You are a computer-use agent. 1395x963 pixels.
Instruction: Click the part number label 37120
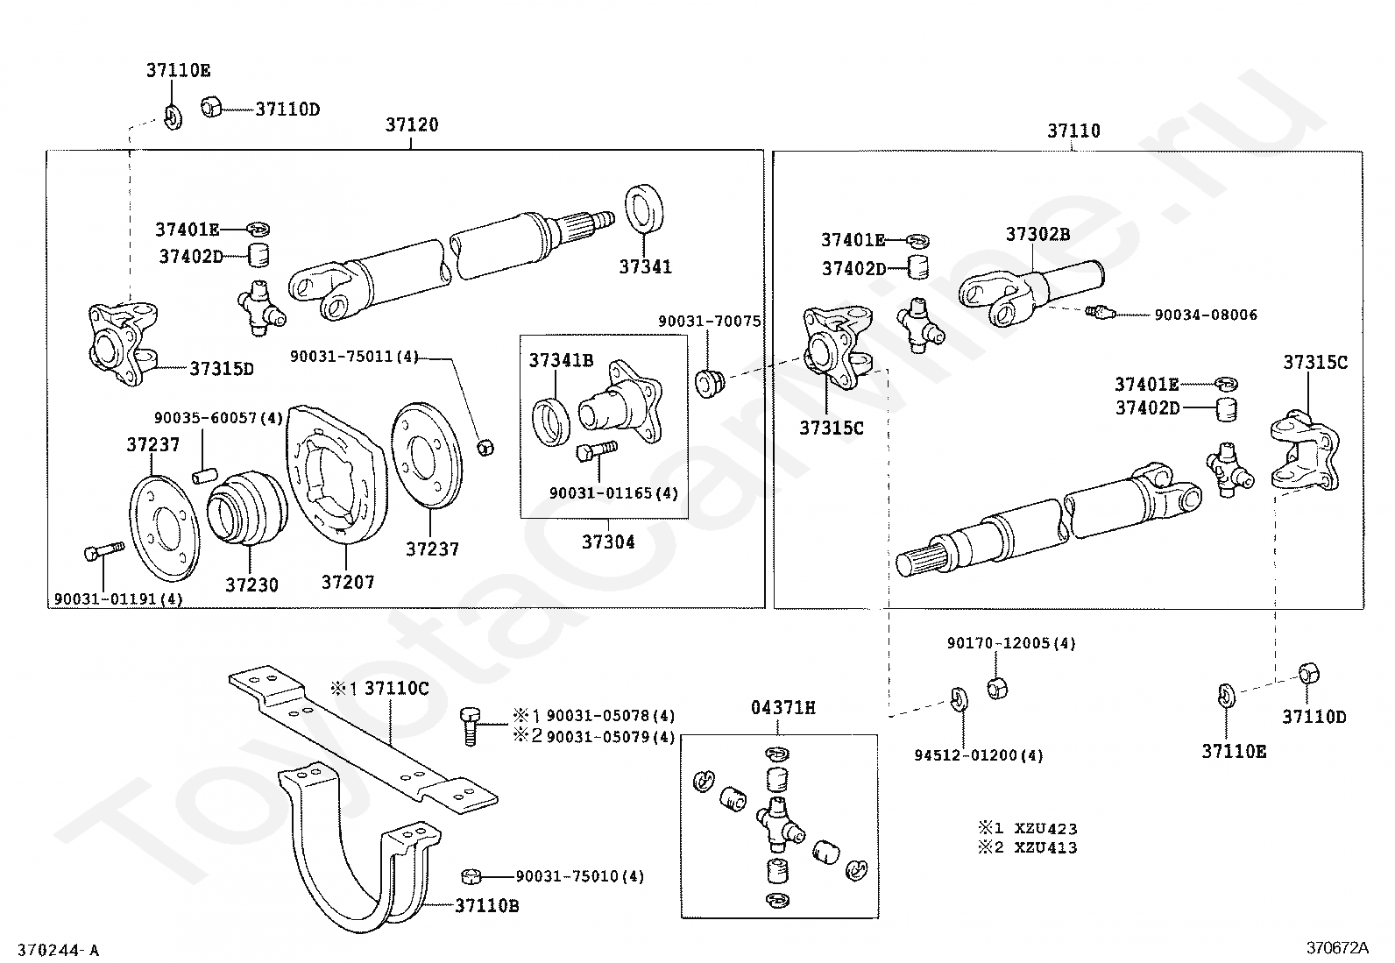point(412,125)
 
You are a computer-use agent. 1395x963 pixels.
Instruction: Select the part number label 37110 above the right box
point(1073,131)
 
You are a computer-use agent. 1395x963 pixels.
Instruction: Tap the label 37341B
point(561,360)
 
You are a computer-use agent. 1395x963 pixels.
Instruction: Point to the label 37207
point(348,582)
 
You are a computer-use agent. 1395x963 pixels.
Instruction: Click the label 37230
point(251,584)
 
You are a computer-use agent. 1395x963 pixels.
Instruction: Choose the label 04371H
point(782,708)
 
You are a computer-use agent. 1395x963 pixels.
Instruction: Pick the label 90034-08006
point(1205,315)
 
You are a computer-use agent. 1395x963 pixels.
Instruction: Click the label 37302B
point(1037,235)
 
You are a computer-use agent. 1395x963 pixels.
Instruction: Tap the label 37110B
point(486,906)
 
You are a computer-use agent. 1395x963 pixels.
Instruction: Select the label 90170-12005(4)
point(1010,643)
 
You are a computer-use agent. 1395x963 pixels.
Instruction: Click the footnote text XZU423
point(1045,828)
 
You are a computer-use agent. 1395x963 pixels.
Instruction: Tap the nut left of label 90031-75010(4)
point(470,876)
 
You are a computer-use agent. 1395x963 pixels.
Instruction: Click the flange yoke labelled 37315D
point(123,343)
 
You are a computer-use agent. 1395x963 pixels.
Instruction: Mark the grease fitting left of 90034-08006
point(1098,310)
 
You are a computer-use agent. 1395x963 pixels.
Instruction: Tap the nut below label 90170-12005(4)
point(996,688)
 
